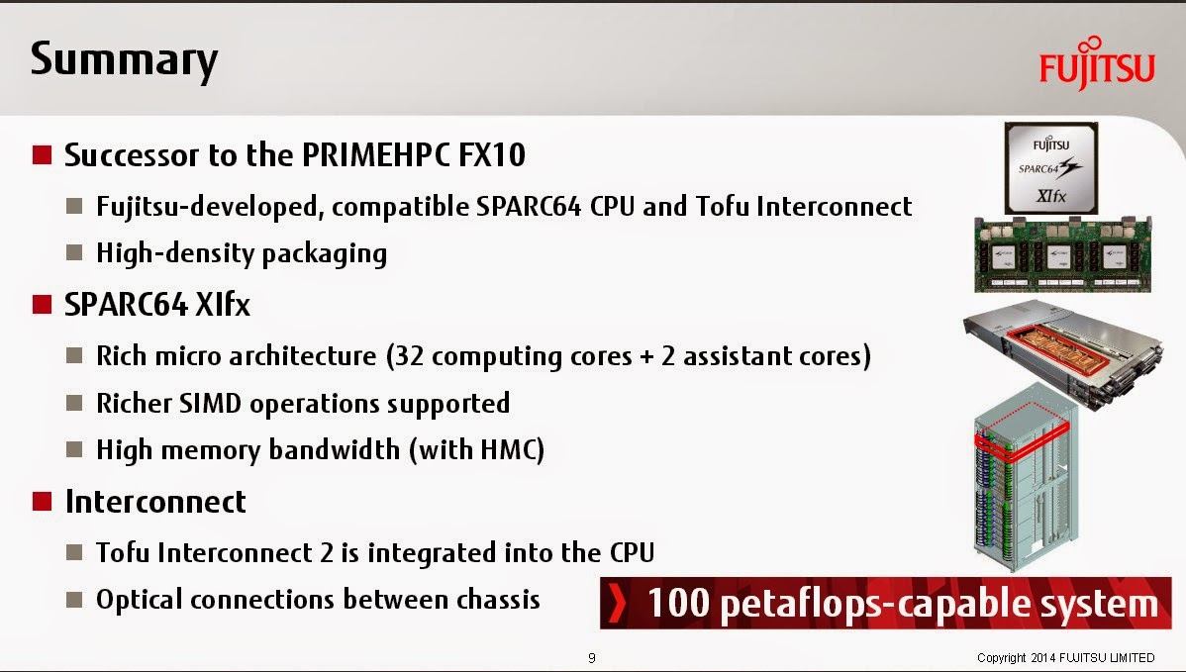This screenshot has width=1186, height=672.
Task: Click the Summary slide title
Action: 124,59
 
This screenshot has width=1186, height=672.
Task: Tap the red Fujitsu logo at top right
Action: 1097,64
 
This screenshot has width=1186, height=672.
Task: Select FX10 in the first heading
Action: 492,155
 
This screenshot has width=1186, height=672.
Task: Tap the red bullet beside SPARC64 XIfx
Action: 42,305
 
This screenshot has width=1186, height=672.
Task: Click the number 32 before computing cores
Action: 409,356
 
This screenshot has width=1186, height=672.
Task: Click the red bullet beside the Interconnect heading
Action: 42,501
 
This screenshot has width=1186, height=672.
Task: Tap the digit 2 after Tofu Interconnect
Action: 326,552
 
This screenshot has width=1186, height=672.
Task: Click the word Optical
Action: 140,600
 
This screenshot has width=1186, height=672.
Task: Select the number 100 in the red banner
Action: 678,603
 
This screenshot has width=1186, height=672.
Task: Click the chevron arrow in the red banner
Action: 618,603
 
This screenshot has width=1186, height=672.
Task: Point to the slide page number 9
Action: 591,657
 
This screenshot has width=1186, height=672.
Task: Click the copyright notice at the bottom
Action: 1066,657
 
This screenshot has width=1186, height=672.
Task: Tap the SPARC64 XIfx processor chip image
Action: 1050,168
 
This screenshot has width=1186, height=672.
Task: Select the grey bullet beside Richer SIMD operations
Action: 74,403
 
